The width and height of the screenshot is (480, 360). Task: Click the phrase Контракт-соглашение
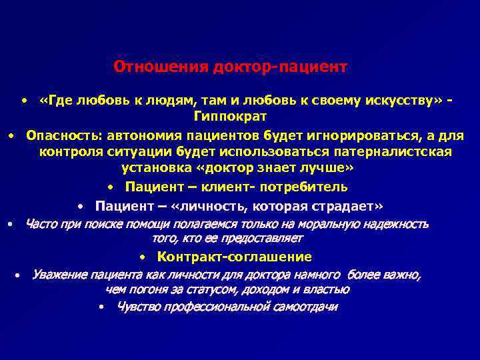click(x=234, y=257)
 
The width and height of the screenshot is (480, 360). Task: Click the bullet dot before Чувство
click(x=100, y=307)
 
